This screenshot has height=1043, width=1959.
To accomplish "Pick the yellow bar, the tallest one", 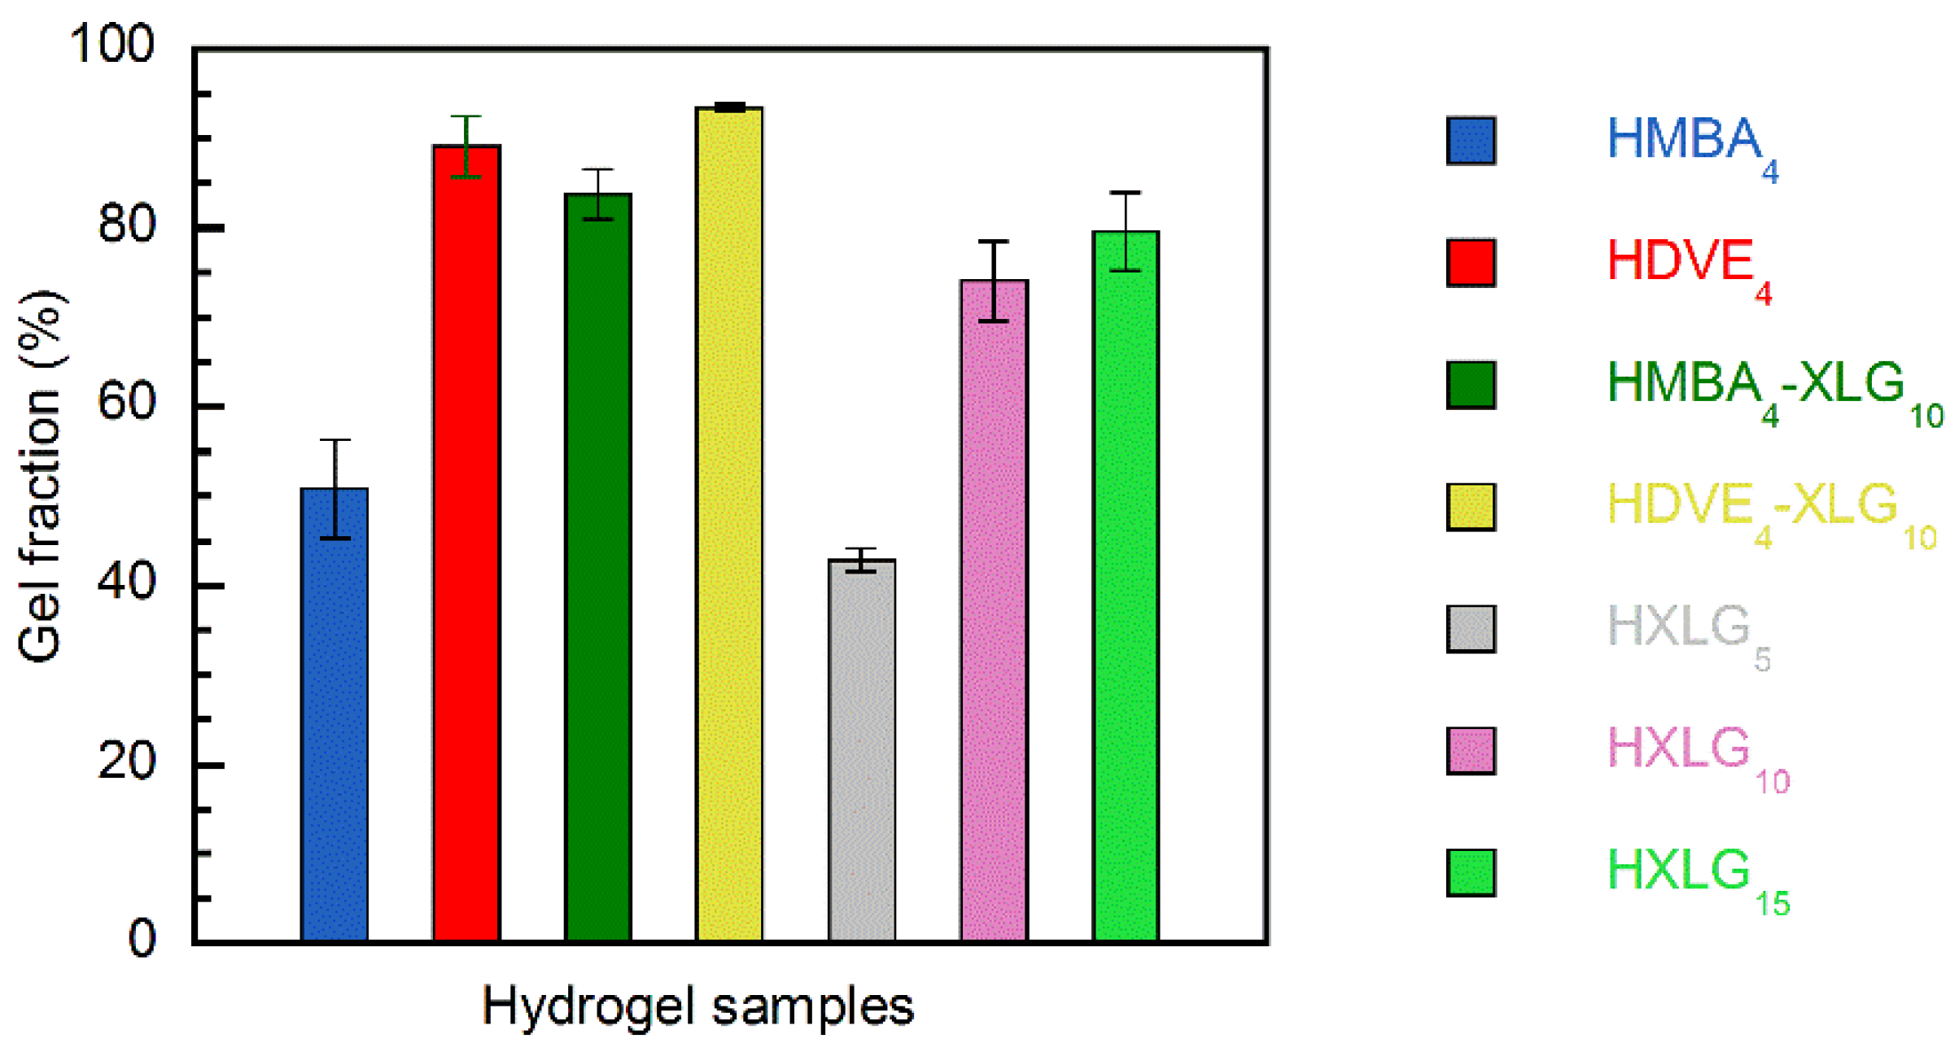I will pyautogui.click(x=729, y=524).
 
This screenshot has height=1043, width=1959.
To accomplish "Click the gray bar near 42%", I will pyautogui.click(x=862, y=749).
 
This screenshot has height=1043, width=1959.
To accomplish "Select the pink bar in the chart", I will pyautogui.click(x=994, y=610).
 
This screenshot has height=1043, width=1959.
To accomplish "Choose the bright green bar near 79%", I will pyautogui.click(x=1126, y=586).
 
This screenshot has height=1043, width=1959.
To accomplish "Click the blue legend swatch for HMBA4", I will pyautogui.click(x=1471, y=141).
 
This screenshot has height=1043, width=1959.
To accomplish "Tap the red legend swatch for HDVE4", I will pyautogui.click(x=1471, y=263).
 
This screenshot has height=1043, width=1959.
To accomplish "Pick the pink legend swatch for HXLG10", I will pyautogui.click(x=1471, y=751).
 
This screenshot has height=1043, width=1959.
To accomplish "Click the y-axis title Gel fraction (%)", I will pyautogui.click(x=41, y=476).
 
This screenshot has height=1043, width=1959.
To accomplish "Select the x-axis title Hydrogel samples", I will pyautogui.click(x=697, y=1006).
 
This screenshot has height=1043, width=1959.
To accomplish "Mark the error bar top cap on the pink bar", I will pyautogui.click(x=994, y=242).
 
